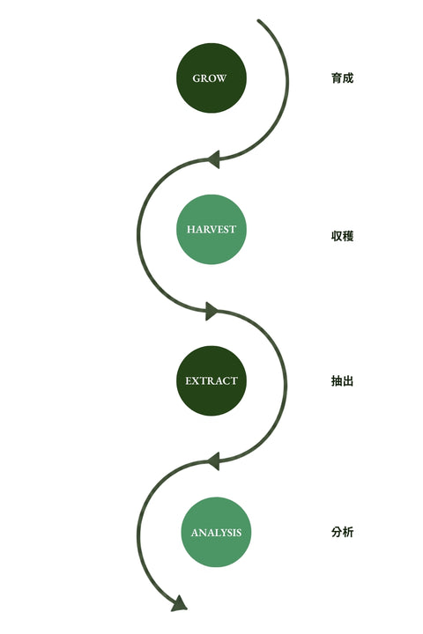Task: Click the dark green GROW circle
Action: [211, 78]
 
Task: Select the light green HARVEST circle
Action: [211, 229]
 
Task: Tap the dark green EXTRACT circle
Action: [211, 380]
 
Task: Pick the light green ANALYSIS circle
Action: [216, 532]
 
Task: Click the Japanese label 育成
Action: [343, 78]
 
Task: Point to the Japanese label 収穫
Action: [343, 236]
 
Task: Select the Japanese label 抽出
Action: [343, 381]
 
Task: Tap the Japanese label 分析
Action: [343, 532]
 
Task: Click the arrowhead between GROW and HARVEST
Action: [214, 159]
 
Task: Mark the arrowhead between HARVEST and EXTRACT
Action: [211, 312]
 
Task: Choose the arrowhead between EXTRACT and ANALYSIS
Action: [214, 461]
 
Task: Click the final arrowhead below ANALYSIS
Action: [179, 604]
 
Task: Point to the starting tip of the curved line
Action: [259, 20]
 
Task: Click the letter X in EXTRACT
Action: [195, 381]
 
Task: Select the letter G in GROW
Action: [197, 78]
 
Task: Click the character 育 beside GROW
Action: [337, 78]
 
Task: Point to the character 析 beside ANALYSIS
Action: [348, 532]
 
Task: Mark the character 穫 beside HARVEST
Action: [348, 236]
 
